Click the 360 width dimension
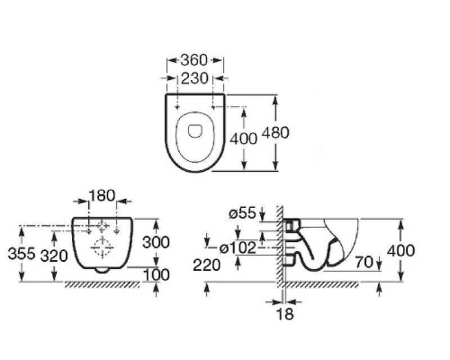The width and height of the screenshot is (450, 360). pos(194,60)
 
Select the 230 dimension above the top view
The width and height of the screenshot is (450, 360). pos(194,78)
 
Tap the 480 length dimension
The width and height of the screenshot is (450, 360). pos(275,132)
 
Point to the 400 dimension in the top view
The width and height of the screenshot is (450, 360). pos(243,139)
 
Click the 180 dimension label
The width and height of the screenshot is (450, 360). pos(102,196)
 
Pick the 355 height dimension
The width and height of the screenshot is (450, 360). pos(22,254)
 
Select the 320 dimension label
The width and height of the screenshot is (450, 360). pos(54,256)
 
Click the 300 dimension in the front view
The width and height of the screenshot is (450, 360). pos(156,242)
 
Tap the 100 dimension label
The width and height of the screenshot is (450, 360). pos(157,274)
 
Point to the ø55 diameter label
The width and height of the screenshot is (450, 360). pos(242,213)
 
